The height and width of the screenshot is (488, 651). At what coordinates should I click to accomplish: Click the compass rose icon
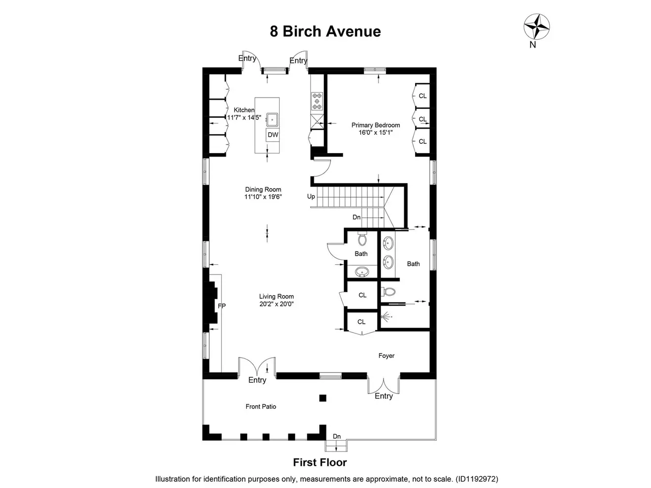[x=536, y=26]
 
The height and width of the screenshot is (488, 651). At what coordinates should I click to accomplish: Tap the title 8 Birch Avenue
[x=325, y=32]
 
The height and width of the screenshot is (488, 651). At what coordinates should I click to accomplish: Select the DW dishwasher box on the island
[x=273, y=135]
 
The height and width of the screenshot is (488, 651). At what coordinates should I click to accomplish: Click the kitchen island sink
[x=272, y=119]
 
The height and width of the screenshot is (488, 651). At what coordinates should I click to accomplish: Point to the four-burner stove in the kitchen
[x=317, y=101]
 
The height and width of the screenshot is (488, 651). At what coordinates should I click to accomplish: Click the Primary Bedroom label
[x=375, y=125]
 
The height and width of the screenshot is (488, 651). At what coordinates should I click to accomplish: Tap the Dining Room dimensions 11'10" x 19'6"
[x=263, y=197]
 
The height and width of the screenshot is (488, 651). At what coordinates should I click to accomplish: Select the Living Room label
[x=276, y=296]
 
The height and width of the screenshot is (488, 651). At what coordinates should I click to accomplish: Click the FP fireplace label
[x=222, y=306]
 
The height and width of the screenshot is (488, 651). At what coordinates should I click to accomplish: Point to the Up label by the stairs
[x=311, y=196]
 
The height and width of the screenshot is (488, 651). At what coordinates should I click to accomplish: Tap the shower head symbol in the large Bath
[x=386, y=317]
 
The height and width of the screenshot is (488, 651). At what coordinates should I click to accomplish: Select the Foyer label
[x=386, y=355]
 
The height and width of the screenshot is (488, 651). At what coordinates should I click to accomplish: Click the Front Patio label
[x=261, y=407]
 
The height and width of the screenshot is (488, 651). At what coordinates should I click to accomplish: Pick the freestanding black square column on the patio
[x=322, y=398]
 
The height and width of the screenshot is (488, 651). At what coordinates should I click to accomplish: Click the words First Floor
[x=320, y=462]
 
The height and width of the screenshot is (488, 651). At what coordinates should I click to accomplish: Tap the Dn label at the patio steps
[x=337, y=436]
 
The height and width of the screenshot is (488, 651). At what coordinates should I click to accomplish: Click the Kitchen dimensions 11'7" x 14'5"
[x=244, y=117]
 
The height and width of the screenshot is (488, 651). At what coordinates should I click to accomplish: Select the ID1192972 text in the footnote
[x=477, y=479]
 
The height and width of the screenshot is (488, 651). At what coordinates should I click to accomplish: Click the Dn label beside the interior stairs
[x=357, y=217]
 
